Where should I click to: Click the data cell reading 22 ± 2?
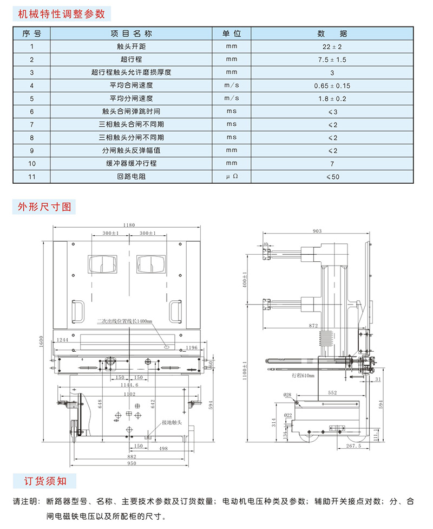pyautogui.click(x=332, y=47)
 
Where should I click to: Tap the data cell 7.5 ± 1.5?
pyautogui.click(x=332, y=60)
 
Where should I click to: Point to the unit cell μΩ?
pyautogui.click(x=232, y=177)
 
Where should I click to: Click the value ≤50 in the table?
pyautogui.click(x=332, y=177)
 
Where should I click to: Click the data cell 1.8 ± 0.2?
pyautogui.click(x=332, y=99)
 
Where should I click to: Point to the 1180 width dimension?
pyautogui.click(x=128, y=225)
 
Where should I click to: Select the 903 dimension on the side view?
pyautogui.click(x=317, y=232)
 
